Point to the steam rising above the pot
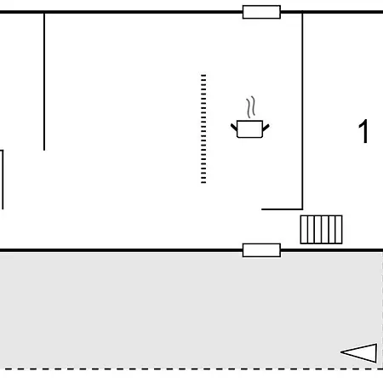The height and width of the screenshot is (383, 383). pos(251,107)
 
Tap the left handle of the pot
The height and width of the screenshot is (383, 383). pos(234,128)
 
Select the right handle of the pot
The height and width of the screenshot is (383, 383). pos(266,128)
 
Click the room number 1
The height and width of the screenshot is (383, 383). pos(363,131)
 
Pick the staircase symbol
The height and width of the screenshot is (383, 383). pos(321,230)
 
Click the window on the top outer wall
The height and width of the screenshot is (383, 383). pos(261,12)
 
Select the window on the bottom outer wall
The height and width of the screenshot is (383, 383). pos(261,250)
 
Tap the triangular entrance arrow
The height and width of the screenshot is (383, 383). pos(359,353)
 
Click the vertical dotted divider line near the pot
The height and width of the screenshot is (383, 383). pos(203,129)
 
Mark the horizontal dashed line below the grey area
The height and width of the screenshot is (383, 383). pos(191,369)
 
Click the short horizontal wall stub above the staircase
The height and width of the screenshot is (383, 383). pos(282,209)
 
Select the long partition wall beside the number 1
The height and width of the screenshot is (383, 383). pos(302,111)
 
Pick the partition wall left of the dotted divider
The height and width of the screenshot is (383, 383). pos(44,82)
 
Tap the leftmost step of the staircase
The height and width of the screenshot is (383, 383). pos(304,230)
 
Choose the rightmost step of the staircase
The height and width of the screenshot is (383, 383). pos(339,230)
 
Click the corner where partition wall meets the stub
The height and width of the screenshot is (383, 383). pos(302,209)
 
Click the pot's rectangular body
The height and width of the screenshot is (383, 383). pos(249,129)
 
